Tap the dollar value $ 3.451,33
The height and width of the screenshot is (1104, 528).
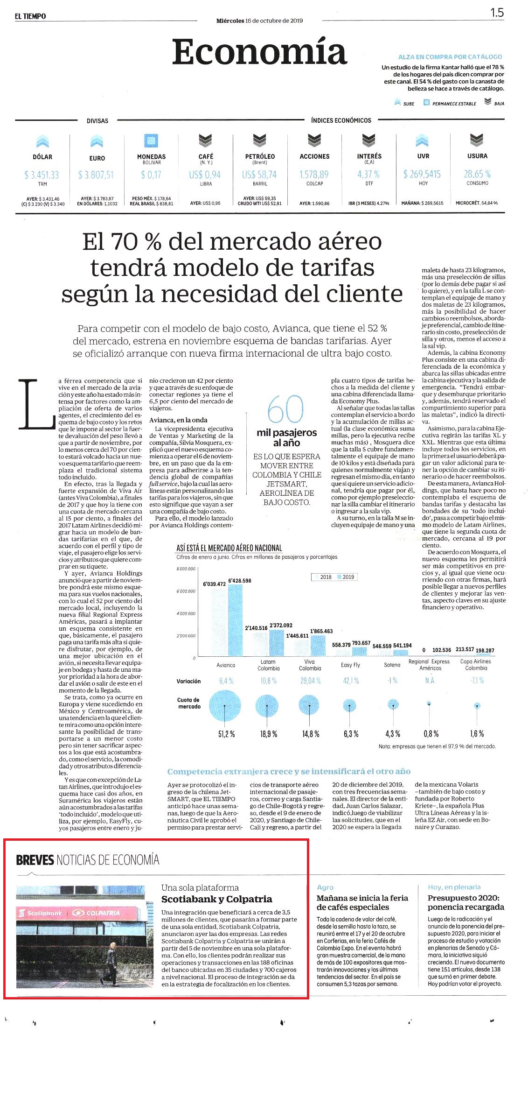42,175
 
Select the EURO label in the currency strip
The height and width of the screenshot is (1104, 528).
97,158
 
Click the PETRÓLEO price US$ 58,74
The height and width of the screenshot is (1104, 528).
259,175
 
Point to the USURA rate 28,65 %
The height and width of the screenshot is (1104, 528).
477,174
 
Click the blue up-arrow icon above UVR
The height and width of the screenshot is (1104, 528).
422,140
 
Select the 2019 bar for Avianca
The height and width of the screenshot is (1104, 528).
235,620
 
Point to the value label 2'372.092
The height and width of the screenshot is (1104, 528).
281,625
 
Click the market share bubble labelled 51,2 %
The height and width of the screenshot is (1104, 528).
225,705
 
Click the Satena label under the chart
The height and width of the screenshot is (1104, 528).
392,665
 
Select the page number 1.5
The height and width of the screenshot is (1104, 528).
497,13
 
